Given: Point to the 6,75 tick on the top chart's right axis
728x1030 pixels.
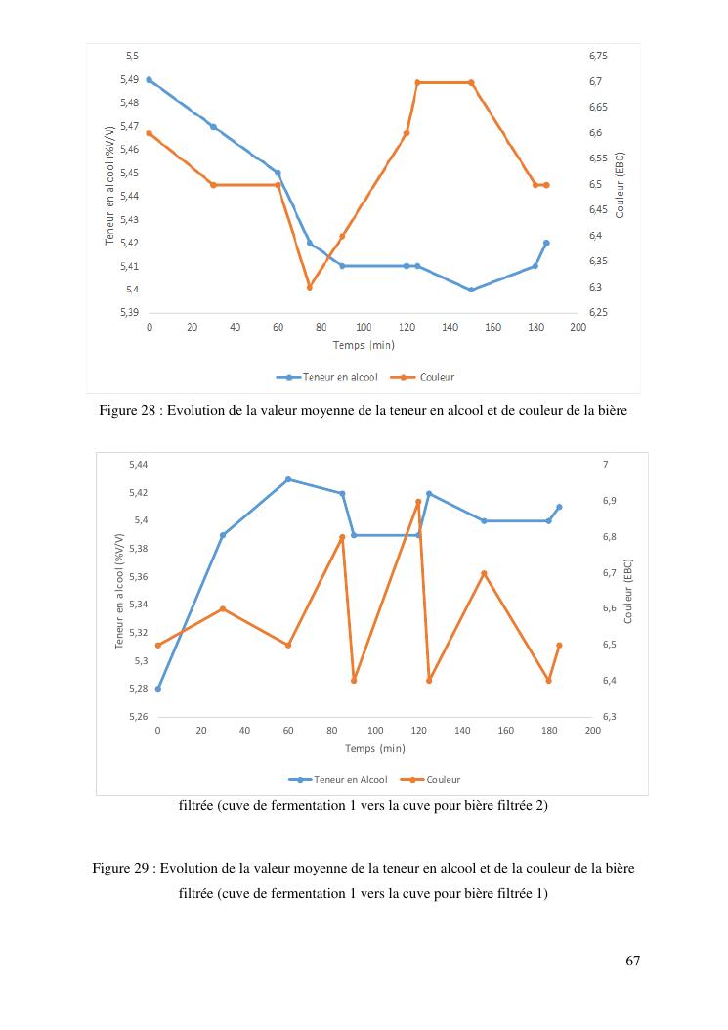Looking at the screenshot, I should [x=598, y=56].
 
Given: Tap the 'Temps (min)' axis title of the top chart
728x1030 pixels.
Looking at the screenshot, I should [x=364, y=345].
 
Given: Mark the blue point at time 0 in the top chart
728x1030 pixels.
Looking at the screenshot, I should [x=150, y=79].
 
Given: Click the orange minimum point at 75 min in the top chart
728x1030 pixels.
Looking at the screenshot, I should [x=310, y=287].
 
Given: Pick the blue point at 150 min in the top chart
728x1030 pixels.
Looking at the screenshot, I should [x=471, y=290].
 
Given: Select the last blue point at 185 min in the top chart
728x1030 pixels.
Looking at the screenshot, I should [x=546, y=243].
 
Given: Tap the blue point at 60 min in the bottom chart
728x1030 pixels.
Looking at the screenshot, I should [x=288, y=479].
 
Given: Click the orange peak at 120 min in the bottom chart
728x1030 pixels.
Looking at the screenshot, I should [x=418, y=502].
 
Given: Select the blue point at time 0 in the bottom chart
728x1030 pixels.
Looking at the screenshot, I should [x=158, y=689].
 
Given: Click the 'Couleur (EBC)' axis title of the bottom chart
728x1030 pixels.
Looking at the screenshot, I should [x=628, y=591].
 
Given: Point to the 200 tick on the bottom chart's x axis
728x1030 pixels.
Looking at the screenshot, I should [x=592, y=730].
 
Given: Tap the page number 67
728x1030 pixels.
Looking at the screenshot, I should [x=632, y=961].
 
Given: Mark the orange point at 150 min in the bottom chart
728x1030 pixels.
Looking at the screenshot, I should [x=484, y=573].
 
